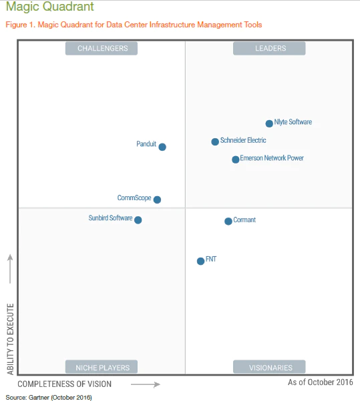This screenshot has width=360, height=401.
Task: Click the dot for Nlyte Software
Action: (x=269, y=123)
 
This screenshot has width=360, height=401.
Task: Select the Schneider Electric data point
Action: (x=215, y=141)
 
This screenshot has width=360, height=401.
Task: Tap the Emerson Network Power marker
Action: (x=236, y=159)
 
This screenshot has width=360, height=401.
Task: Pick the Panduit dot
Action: (x=162, y=147)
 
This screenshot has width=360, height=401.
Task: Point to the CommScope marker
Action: (x=157, y=199)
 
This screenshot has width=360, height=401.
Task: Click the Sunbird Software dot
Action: (x=138, y=220)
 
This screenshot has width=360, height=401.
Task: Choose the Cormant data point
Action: (x=228, y=222)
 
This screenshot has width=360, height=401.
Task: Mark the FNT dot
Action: (x=201, y=261)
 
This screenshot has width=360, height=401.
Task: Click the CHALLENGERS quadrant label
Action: (x=102, y=48)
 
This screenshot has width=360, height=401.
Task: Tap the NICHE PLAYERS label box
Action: (x=102, y=367)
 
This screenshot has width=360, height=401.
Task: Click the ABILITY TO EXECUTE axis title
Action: (x=10, y=339)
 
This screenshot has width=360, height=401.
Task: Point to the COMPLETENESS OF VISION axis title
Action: (x=65, y=384)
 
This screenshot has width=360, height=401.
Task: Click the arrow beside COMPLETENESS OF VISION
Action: (x=146, y=384)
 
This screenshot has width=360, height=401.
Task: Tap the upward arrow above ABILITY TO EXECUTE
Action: (x=10, y=269)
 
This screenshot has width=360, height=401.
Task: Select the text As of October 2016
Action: (x=321, y=382)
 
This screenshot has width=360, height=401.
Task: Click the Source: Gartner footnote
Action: (x=49, y=398)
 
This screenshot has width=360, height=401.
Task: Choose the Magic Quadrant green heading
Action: (x=50, y=7)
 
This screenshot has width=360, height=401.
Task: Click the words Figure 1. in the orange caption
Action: (x=20, y=25)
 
